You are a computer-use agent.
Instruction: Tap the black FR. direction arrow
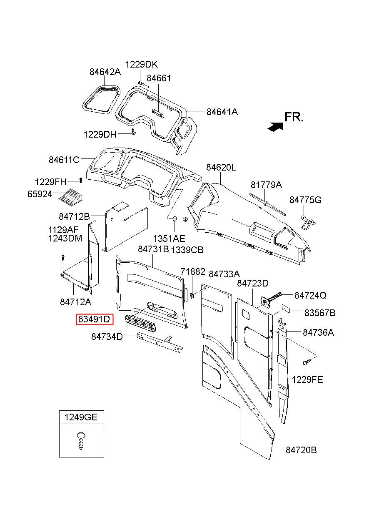(274, 127)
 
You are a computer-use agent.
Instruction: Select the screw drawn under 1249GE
(81, 440)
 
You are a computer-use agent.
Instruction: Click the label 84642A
(105, 72)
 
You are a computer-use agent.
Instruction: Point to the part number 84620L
(221, 168)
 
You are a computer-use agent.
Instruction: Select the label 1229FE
(307, 380)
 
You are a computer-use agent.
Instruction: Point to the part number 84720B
(301, 450)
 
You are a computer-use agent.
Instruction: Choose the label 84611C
(64, 160)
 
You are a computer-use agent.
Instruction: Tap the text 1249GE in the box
(81, 417)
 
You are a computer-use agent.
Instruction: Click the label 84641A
(222, 112)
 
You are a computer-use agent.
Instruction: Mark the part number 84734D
(107, 337)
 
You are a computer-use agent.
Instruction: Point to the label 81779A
(266, 185)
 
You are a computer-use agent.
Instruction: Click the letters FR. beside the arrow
(294, 117)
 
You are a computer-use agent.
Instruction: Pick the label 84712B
(74, 216)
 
